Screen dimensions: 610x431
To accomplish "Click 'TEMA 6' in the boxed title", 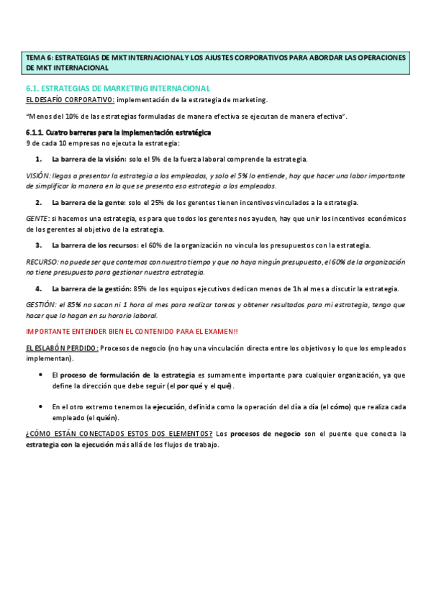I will pyautogui.click(x=37, y=58).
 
